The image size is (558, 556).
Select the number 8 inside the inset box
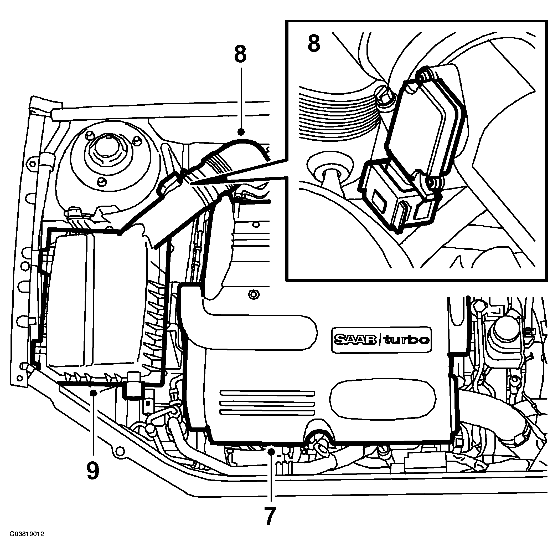(x=314, y=43)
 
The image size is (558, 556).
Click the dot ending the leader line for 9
(x=93, y=392)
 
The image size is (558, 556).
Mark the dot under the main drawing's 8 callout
(x=241, y=132)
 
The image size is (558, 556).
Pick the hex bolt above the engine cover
(x=253, y=295)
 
